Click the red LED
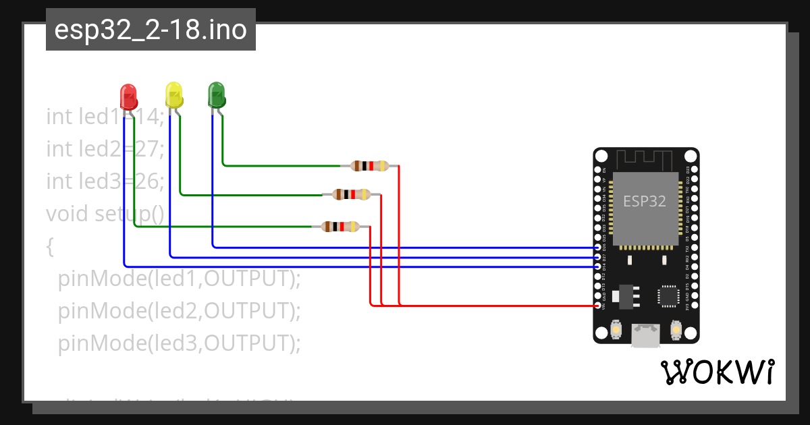(128, 96)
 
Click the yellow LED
(174, 94)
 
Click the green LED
(216, 94)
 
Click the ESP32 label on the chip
(645, 201)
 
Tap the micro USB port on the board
(646, 335)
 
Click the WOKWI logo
(717, 372)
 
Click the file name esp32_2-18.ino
(151, 30)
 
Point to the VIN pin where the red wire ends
(598, 306)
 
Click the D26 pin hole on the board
(598, 248)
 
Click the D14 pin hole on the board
(598, 266)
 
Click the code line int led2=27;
(105, 148)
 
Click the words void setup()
(105, 214)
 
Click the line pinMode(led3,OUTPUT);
(178, 343)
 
